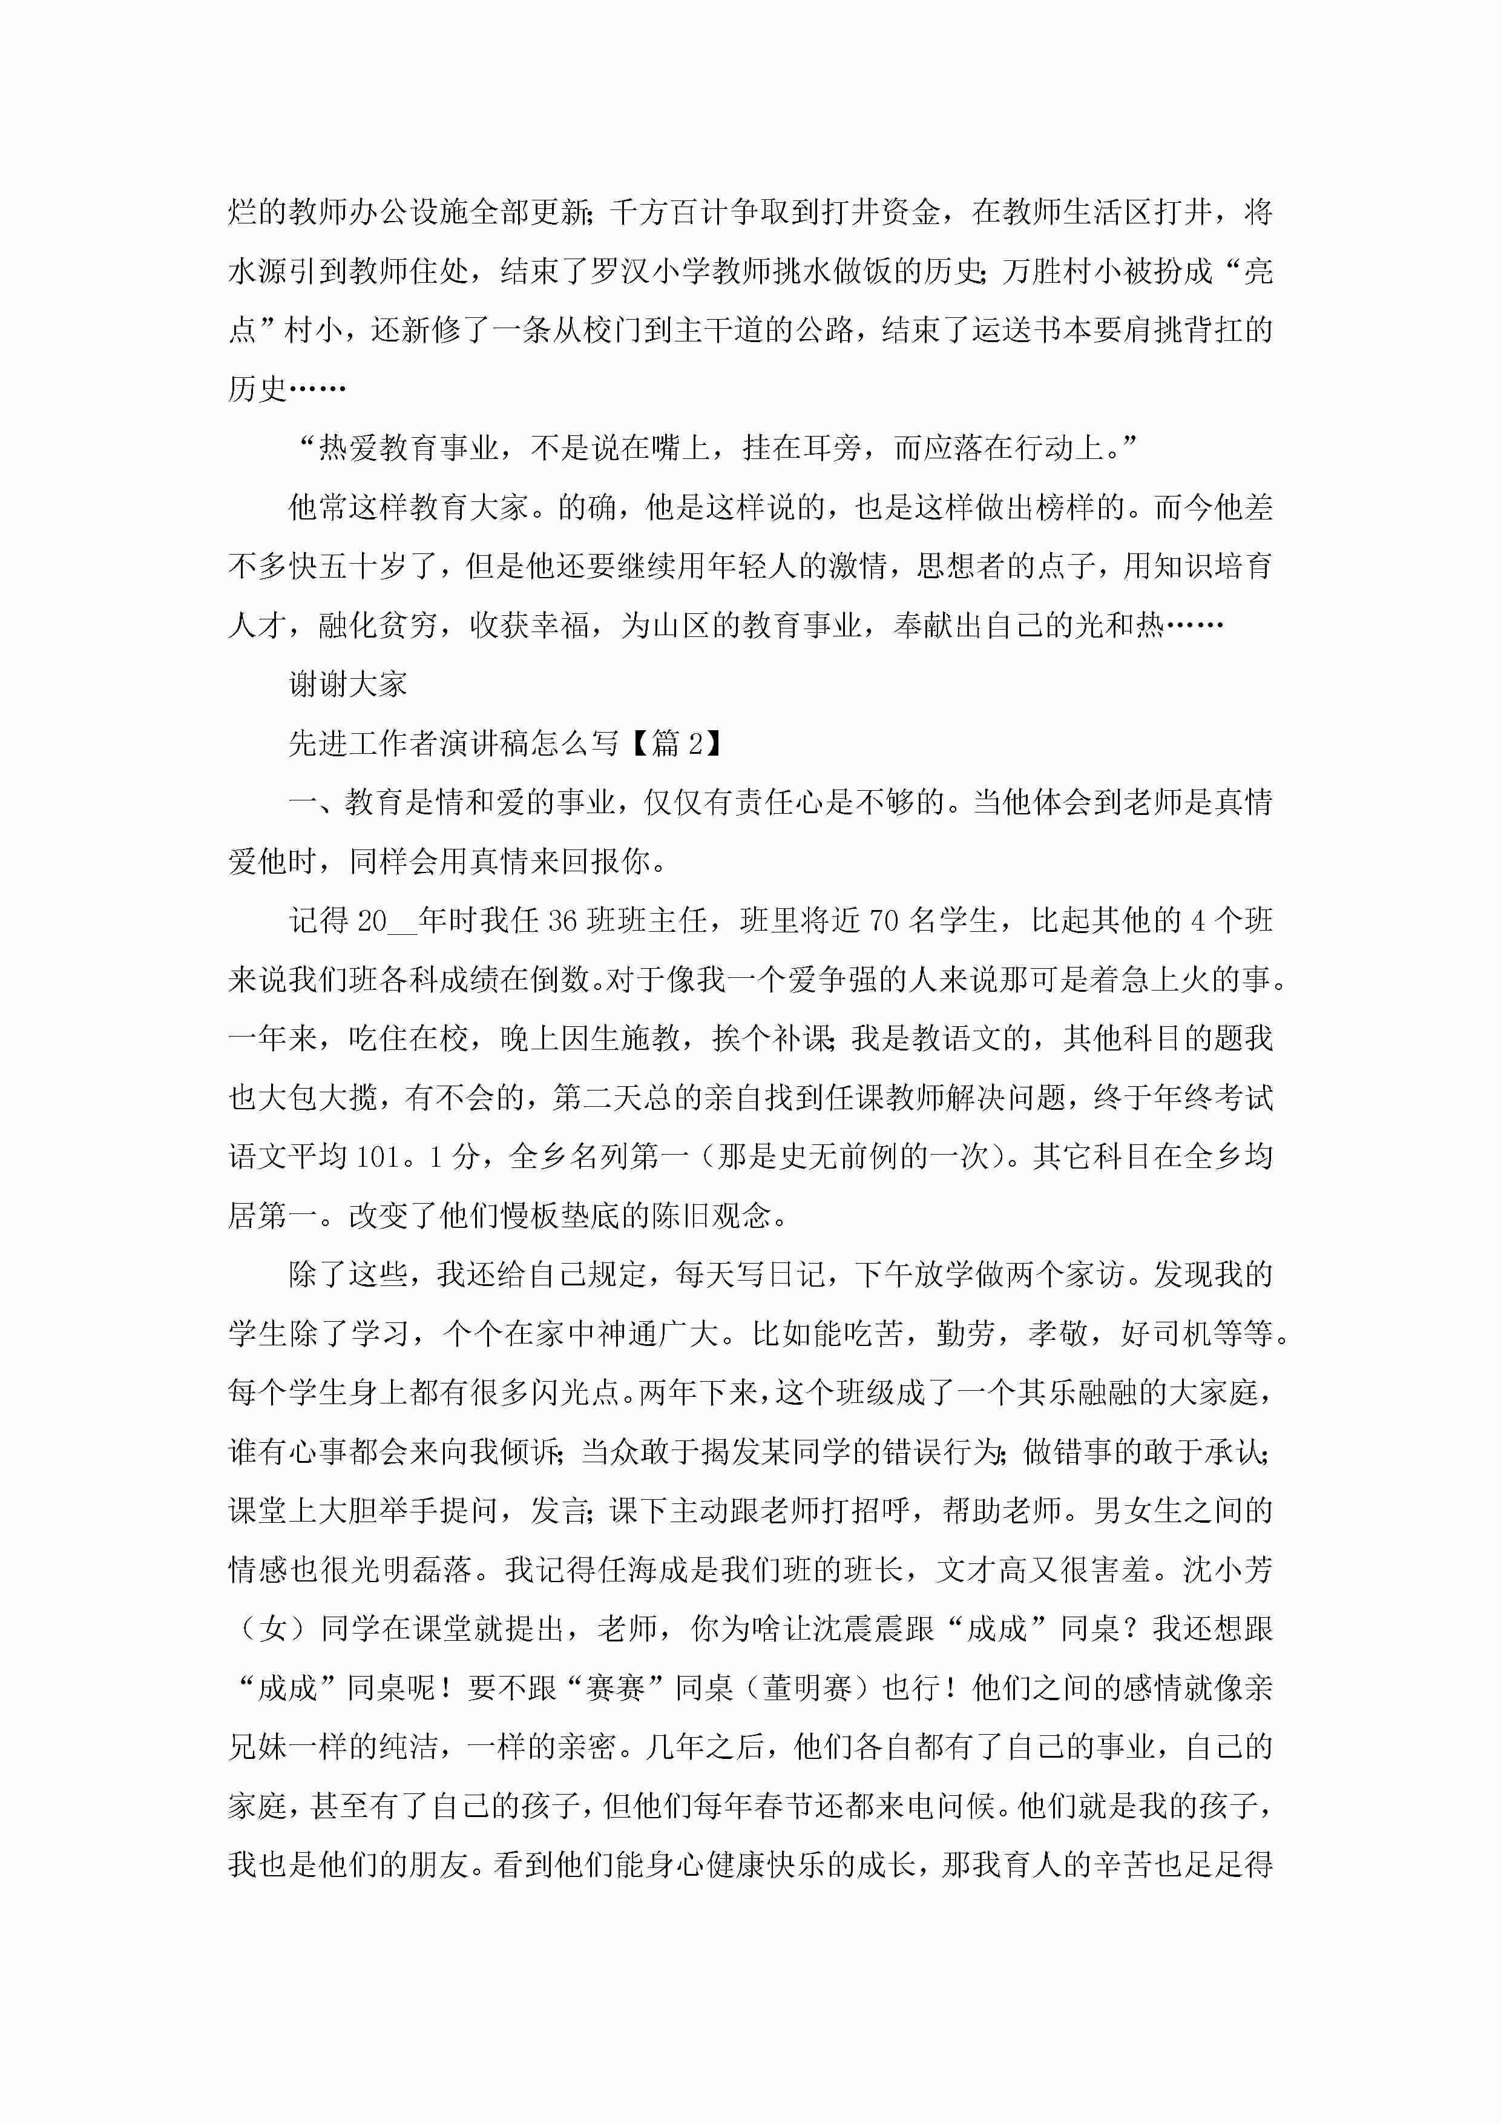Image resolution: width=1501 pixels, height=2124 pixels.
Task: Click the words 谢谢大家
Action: click(348, 685)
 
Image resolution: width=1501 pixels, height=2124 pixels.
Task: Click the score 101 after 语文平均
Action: click(376, 1156)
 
